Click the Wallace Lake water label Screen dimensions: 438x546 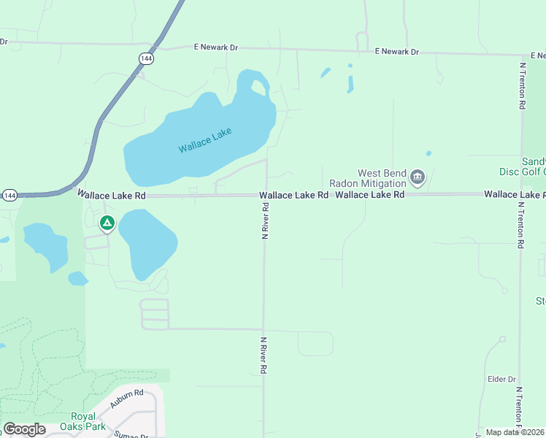click(x=205, y=140)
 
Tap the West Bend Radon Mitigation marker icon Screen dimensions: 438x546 click(x=418, y=176)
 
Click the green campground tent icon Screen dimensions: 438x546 click(x=107, y=223)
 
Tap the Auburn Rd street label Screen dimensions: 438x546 click(x=127, y=398)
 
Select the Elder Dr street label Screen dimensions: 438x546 click(x=501, y=380)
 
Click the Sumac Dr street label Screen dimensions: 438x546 click(x=131, y=435)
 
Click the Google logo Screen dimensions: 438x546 click(x=25, y=429)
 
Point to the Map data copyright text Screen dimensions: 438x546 click(x=515, y=432)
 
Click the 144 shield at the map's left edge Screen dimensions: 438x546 click(x=9, y=196)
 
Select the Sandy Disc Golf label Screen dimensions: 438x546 click(x=534, y=166)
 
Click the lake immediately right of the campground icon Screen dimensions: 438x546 click(x=148, y=241)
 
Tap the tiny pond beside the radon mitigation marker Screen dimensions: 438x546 click(x=428, y=153)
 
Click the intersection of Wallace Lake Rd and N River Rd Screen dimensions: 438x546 click(x=266, y=195)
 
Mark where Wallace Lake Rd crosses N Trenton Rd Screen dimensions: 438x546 click(x=520, y=194)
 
